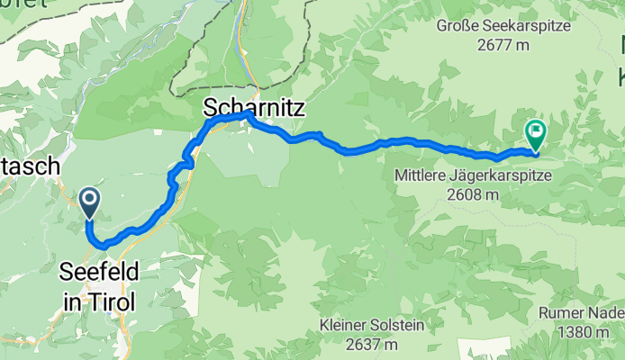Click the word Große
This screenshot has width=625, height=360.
[457, 24]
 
